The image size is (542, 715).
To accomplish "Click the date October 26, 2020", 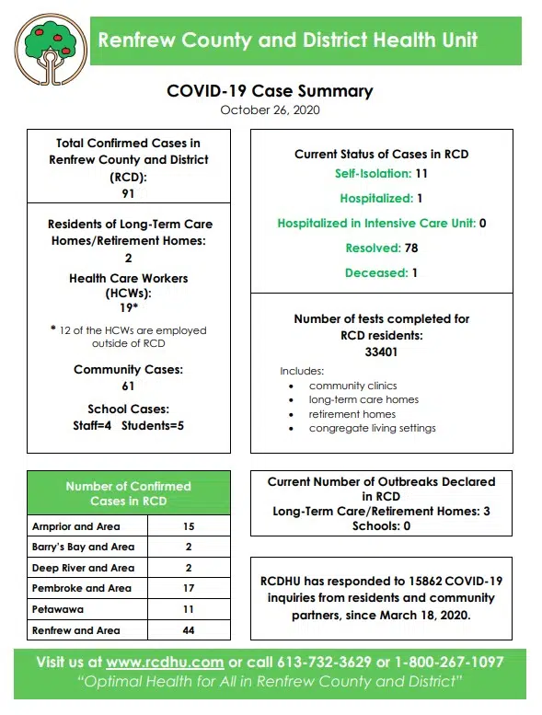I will [270, 110].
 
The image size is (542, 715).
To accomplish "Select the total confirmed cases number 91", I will [128, 192].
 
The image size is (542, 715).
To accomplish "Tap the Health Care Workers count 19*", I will [128, 309].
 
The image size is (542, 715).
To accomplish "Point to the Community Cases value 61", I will [128, 386].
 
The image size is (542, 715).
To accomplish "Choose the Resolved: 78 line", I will [381, 248].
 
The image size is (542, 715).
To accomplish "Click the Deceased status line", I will [381, 272].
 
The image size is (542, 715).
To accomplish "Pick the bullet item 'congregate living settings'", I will [372, 428].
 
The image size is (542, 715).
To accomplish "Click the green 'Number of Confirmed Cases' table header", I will [128, 493].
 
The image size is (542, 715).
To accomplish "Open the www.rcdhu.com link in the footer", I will [165, 663].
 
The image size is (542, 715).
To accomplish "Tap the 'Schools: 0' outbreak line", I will [381, 526].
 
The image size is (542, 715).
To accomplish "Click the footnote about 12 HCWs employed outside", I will [128, 337].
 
